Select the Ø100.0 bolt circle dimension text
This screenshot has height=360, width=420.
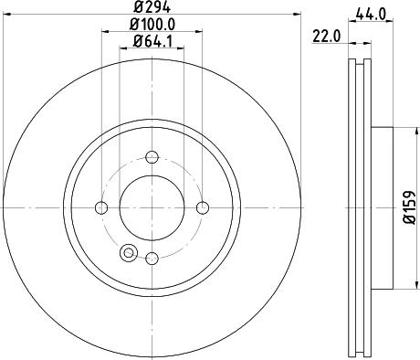[152, 24]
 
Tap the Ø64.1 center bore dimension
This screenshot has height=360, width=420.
[152, 41]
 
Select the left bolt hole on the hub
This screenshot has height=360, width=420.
[101, 207]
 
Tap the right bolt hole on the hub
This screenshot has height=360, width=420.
[203, 207]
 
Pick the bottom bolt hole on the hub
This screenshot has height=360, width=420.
[152, 259]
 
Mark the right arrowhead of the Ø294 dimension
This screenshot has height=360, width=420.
[297, 16]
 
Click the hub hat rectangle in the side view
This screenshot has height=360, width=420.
[383, 207]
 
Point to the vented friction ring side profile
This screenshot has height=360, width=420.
[362, 207]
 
